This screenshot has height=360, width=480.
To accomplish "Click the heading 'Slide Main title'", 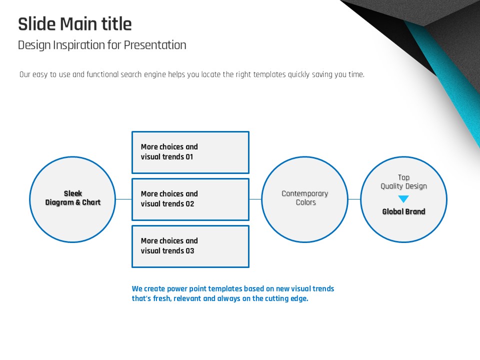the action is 75,24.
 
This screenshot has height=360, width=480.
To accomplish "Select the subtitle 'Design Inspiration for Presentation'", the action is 102,45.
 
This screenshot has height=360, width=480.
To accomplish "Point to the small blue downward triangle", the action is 403,199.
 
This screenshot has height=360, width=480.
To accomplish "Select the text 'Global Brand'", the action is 404,211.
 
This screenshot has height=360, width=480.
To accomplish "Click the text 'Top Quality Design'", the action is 404,182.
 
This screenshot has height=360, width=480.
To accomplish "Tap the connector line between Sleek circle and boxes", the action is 123,199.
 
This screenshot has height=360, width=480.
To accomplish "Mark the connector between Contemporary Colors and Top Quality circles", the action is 354,199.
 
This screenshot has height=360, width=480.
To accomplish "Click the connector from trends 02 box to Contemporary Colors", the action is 255,199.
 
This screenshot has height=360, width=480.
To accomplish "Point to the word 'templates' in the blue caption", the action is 225,288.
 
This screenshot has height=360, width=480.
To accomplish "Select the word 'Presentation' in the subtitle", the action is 155,45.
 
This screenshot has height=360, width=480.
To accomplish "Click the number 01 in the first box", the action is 189,156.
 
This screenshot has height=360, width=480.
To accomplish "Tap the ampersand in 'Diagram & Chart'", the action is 78,202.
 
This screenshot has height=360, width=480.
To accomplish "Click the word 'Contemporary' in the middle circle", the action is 305,194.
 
